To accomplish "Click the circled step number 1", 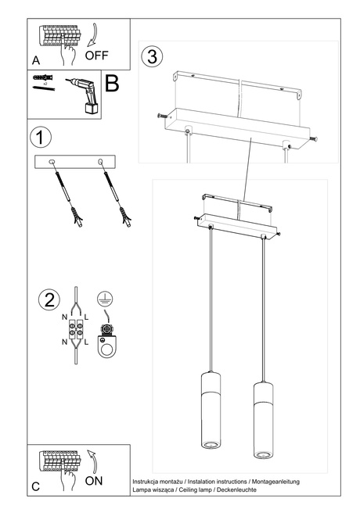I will tap(40, 137).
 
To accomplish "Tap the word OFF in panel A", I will tap(97, 56).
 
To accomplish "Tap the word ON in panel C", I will tap(93, 481).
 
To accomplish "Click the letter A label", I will tap(36, 60).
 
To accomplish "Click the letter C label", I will tap(36, 486).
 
